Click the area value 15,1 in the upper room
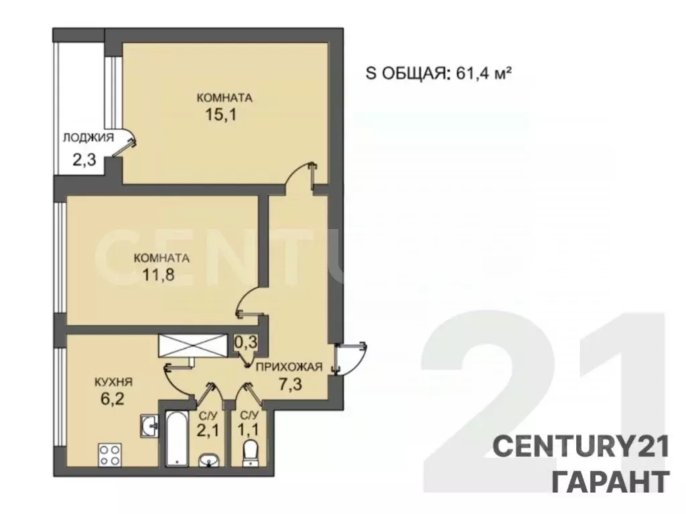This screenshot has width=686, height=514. [x=222, y=114]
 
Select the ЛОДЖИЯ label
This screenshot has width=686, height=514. [x=88, y=138]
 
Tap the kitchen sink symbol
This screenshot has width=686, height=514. [x=149, y=424]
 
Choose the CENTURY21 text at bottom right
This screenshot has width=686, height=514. [x=581, y=446]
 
